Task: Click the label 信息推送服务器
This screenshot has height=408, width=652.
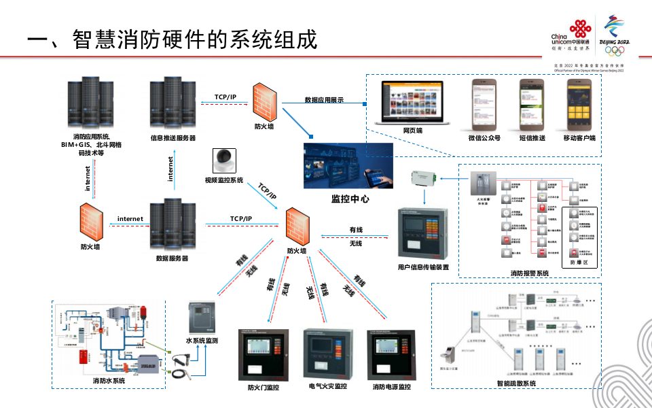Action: [173, 137]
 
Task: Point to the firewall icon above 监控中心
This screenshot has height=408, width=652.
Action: [264, 101]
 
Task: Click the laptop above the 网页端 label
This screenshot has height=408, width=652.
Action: [412, 102]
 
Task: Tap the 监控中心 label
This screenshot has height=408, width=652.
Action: [350, 199]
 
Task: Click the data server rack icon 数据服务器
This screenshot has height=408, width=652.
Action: [172, 224]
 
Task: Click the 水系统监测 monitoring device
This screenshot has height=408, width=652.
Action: [202, 318]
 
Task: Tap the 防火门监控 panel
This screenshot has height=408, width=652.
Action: [264, 355]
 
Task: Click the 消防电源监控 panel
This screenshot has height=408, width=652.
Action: [391, 354]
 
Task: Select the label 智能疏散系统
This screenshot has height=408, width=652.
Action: [516, 384]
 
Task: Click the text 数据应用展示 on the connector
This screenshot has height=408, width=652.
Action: [324, 100]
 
